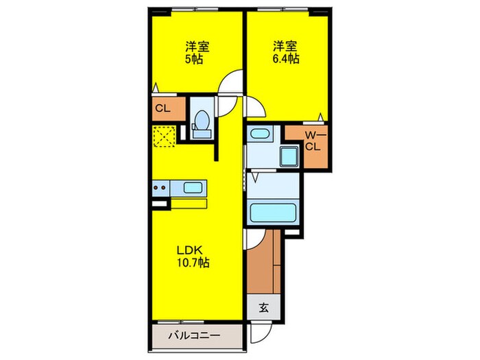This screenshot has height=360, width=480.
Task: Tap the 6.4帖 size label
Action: pos(285,59)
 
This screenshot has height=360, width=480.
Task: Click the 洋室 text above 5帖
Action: pos(197,47)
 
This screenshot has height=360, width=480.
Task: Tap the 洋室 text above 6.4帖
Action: pos(285,47)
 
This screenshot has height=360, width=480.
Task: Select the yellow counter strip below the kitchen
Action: pos(189,203)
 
